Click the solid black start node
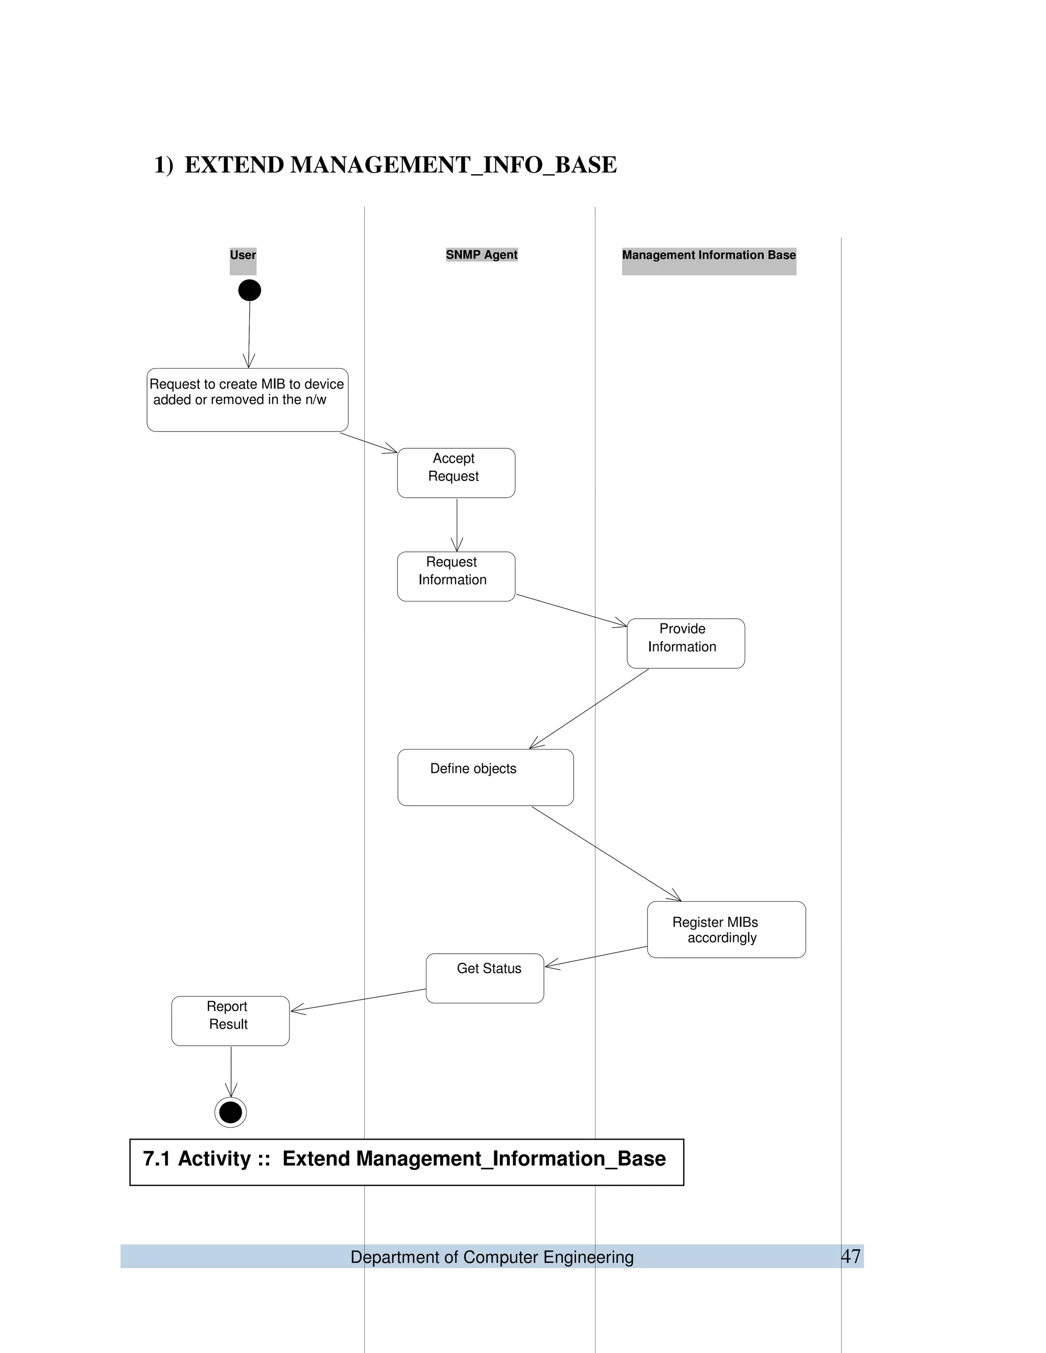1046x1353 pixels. pos(249,290)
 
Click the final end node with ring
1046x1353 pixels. pos(230,1112)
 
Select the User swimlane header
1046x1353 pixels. pos(243,255)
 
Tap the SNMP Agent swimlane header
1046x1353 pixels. pos(482,255)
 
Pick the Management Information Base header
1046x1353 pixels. pos(708,255)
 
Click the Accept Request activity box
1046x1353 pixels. pos(456,473)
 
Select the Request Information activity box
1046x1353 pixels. pos(456,576)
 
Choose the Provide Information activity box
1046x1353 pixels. pos(685,643)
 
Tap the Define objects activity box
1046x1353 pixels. pos(485,777)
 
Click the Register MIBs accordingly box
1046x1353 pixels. pos(726,929)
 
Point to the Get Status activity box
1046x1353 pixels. pos(485,978)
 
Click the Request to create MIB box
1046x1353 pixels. pos(247,400)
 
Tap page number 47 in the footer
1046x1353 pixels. pos(851,1256)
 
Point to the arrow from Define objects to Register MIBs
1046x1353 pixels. pos(606,854)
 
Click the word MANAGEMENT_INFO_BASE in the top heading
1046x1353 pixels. pos(453,165)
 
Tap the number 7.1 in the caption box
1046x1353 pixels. pos(157,1158)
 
